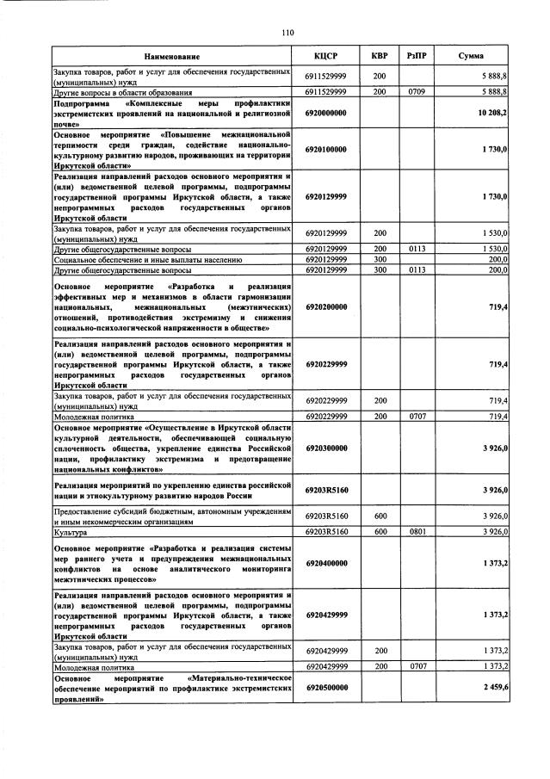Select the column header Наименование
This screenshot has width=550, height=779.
click(172, 56)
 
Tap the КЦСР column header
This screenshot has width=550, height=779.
click(326, 56)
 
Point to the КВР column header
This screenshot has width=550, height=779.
click(380, 56)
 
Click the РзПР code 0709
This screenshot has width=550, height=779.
click(417, 90)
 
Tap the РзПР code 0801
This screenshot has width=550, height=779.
click(417, 533)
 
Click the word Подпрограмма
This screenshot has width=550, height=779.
click(84, 102)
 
